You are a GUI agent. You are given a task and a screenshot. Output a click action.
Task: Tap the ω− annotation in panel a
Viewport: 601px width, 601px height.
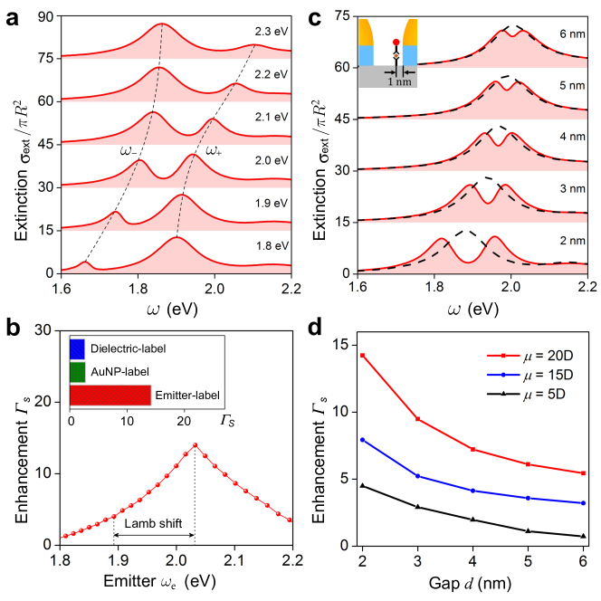[130, 151]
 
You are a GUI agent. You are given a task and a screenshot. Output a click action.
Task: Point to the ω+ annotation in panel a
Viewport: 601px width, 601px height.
[214, 151]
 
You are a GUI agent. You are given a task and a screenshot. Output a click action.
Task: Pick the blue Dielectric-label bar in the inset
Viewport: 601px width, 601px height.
[77, 347]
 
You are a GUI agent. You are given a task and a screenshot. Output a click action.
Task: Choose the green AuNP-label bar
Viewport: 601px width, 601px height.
[77, 371]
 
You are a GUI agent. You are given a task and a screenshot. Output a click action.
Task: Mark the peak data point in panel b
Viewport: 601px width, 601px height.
[195, 445]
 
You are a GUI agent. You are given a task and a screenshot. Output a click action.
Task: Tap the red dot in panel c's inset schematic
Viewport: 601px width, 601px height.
[396, 42]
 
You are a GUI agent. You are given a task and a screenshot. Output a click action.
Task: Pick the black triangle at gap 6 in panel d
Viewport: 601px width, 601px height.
[584, 537]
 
